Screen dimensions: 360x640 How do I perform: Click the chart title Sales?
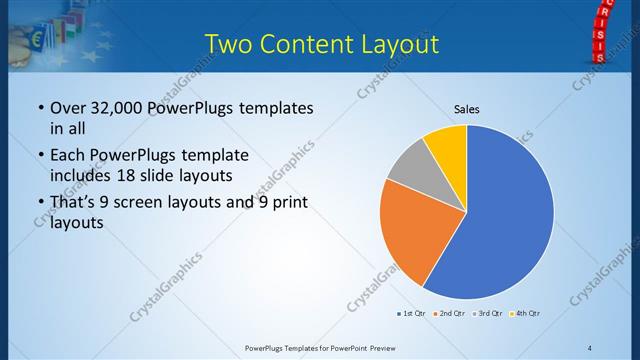click(x=467, y=107)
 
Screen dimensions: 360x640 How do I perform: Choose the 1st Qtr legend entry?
click(x=413, y=314)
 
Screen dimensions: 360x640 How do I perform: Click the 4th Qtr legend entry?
click(x=526, y=314)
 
